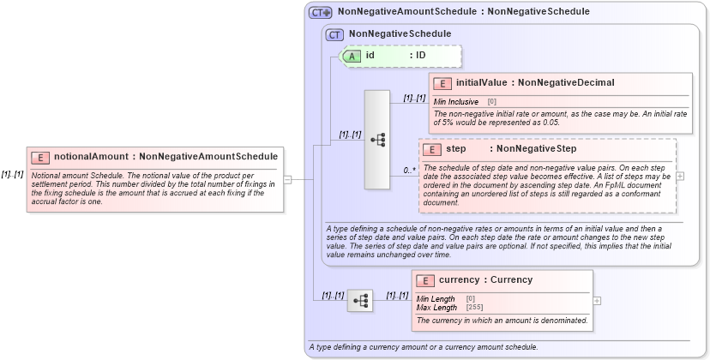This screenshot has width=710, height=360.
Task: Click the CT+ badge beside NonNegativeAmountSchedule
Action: (321, 12)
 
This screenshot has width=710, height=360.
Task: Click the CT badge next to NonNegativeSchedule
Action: (335, 34)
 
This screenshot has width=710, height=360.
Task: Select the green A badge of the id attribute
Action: (352, 56)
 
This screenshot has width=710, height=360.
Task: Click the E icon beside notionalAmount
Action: (40, 157)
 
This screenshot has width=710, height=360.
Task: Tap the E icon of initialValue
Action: (442, 83)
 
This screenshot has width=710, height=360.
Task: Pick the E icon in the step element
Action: (432, 149)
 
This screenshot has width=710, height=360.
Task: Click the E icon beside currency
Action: (425, 280)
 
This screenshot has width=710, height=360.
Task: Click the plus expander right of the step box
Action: (680, 176)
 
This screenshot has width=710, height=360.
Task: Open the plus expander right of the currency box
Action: (597, 301)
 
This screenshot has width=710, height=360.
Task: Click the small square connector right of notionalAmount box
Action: (288, 179)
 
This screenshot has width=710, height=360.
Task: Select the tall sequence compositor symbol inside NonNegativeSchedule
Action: (377, 139)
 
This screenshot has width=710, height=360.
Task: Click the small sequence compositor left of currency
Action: (360, 300)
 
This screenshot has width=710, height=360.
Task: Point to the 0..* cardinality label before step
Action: (410, 171)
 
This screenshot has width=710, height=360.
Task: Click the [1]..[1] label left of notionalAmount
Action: (12, 174)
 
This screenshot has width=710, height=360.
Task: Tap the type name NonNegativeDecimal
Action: (566, 82)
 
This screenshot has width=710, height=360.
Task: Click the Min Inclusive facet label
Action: (456, 101)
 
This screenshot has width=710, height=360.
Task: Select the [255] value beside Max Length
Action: (473, 307)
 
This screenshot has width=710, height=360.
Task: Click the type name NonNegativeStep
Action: (537, 149)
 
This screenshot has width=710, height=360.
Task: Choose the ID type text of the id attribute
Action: (421, 56)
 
